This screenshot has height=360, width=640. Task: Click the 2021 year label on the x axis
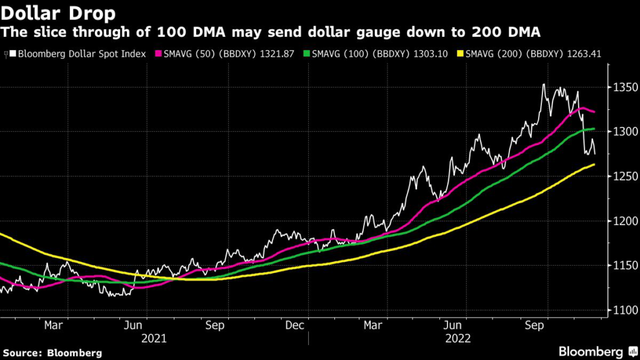pos(154,338)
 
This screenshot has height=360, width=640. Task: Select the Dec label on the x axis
pos(294,326)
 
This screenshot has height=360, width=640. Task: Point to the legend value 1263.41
pos(583,54)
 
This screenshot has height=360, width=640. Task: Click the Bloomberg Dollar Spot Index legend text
pos(81,54)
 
